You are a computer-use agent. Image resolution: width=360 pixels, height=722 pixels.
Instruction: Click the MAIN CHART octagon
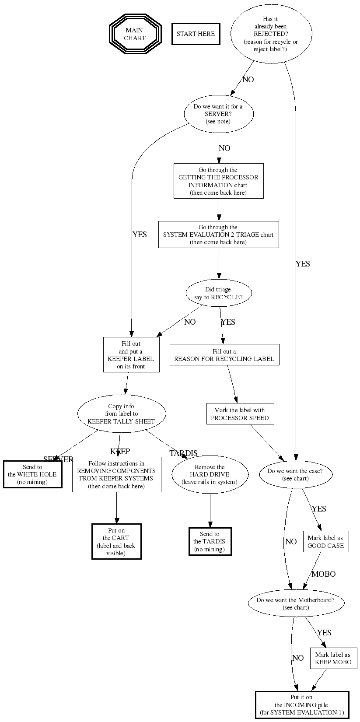[135, 34]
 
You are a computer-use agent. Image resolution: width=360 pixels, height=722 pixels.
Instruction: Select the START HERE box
[196, 34]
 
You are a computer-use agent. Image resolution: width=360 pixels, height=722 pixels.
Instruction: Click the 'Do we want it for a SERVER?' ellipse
[218, 114]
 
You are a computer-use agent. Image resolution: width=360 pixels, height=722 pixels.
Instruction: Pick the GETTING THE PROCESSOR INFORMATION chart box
[218, 181]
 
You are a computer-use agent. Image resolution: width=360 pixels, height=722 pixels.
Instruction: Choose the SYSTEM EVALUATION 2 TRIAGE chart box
[218, 235]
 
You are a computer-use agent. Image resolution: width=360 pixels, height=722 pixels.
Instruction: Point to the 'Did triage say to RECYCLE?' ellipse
[218, 293]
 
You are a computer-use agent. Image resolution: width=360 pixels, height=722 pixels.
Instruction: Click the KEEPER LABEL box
[131, 354]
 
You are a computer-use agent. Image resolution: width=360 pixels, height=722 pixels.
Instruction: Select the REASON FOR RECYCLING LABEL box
[224, 355]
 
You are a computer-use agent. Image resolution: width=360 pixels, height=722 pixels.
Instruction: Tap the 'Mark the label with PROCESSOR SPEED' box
[240, 414]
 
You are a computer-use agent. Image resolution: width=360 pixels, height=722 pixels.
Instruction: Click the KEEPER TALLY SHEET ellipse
[122, 414]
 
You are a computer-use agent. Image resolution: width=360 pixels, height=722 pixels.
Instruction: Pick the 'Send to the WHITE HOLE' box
[32, 474]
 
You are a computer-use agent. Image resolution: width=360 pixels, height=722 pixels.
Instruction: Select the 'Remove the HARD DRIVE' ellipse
[210, 474]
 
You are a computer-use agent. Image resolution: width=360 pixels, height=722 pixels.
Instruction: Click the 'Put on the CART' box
[116, 542]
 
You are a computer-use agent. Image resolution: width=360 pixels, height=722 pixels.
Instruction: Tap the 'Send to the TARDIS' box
[210, 541]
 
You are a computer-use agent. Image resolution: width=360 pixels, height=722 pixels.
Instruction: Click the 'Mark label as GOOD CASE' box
[326, 542]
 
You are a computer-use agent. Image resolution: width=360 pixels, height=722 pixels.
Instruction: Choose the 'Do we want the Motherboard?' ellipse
[296, 603]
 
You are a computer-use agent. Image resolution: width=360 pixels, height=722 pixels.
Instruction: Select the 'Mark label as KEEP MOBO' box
[333, 658]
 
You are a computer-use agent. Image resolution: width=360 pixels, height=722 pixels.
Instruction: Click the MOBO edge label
[323, 574]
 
